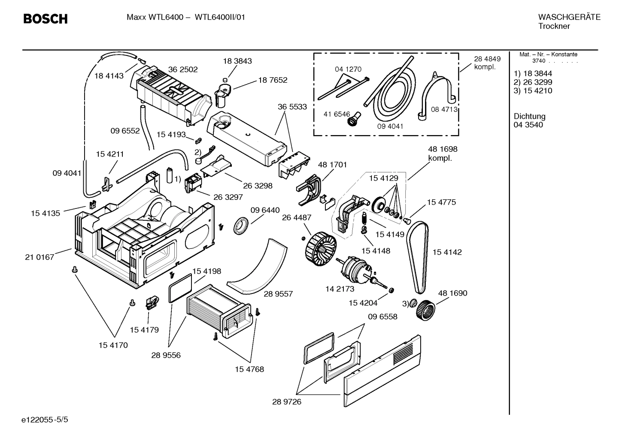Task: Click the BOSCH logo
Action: pyautogui.click(x=45, y=19)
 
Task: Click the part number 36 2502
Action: pyautogui.click(x=183, y=69)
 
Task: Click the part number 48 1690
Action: pyautogui.click(x=452, y=293)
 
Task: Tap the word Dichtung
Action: pyautogui.click(x=529, y=116)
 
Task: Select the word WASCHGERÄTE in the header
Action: pyautogui.click(x=569, y=17)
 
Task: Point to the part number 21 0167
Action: pyautogui.click(x=39, y=257)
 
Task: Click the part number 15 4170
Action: pyautogui.click(x=113, y=345)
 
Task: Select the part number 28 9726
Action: pyautogui.click(x=287, y=402)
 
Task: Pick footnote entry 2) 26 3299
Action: pyautogui.click(x=533, y=82)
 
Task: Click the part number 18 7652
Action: pyautogui.click(x=273, y=80)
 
